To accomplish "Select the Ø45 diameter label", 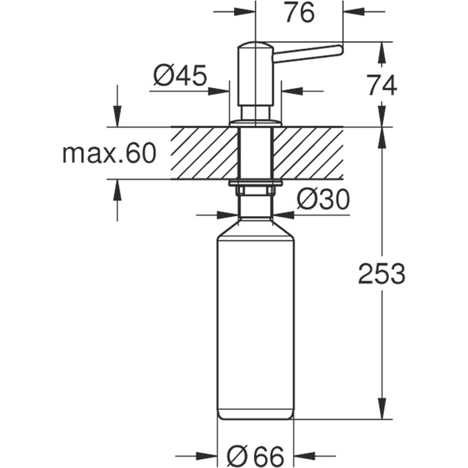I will click(x=180, y=76).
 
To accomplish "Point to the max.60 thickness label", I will click(x=109, y=153).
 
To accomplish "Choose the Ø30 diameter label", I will click(x=323, y=200).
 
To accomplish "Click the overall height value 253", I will click(x=381, y=274).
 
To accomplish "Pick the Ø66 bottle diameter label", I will click(x=255, y=455).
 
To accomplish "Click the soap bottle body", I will click(x=255, y=323).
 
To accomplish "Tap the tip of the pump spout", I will click(x=339, y=48).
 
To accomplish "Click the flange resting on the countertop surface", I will click(x=256, y=123).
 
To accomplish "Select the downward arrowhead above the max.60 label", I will click(x=117, y=118).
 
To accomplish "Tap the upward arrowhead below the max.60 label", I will click(x=117, y=187).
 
